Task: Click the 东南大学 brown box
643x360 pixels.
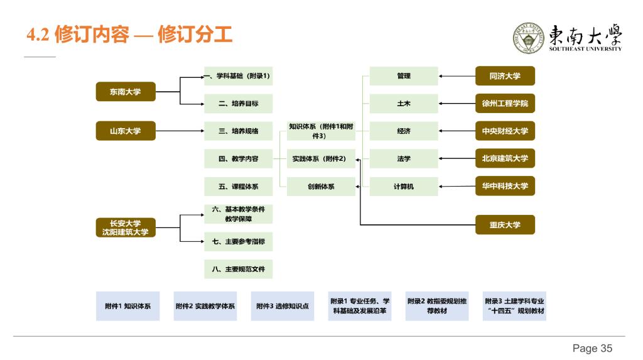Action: [x=125, y=92]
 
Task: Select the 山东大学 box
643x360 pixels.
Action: [x=125, y=131]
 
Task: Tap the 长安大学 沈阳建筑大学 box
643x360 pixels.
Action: [x=125, y=227]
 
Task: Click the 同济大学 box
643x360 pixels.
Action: [x=505, y=76]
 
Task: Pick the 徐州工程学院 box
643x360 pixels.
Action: [x=505, y=104]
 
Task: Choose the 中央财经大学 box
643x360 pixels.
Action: [x=505, y=131]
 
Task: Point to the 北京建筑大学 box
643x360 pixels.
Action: [x=505, y=158]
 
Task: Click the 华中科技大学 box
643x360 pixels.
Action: [x=505, y=186]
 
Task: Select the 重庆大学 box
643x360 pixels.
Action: [x=505, y=224]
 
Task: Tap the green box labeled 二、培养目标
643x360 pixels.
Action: [x=238, y=104]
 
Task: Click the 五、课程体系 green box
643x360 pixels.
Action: [x=238, y=187]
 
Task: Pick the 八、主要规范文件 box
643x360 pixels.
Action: [x=238, y=269]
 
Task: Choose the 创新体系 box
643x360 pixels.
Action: [x=321, y=187]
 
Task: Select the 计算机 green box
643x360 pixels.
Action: [x=404, y=187]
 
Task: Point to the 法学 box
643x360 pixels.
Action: [x=404, y=159]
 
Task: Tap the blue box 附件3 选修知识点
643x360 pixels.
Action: [x=282, y=306]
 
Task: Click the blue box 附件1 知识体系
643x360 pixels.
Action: [x=127, y=306]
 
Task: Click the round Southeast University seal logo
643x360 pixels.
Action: [x=529, y=38]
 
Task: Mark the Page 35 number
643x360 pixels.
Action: [x=592, y=348]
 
